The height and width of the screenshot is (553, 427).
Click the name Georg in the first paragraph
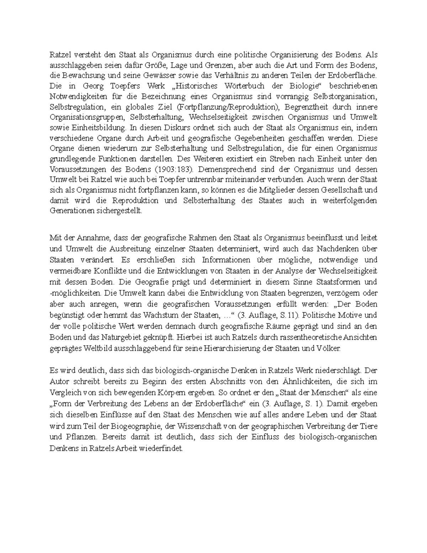pos(93,86)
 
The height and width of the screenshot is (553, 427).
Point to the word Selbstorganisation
pos(346,96)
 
